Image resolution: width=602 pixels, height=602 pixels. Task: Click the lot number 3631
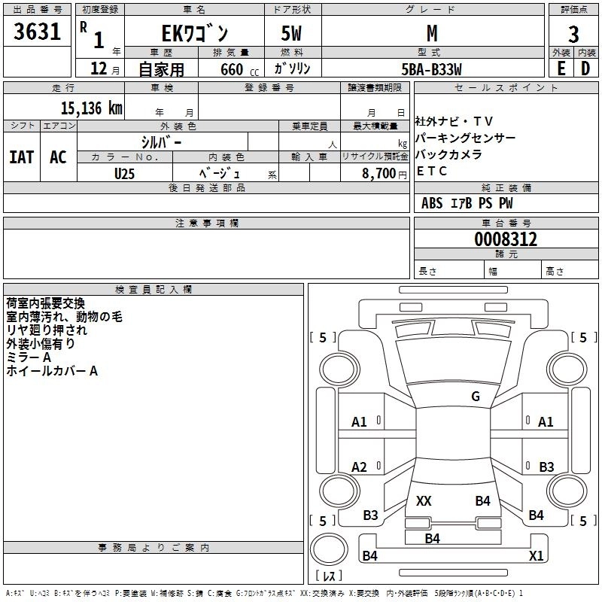pos(38,33)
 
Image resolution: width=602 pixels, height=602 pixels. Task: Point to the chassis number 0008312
pos(506,240)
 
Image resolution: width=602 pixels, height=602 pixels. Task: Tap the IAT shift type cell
pos(22,157)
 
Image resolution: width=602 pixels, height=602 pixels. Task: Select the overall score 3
pos(573,34)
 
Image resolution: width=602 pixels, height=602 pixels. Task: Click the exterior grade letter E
pos(561,68)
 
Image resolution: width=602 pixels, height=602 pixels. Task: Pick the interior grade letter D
pos(585,68)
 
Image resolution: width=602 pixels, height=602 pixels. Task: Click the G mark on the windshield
pos(476,397)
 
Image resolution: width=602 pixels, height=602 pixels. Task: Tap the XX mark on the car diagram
pos(424,500)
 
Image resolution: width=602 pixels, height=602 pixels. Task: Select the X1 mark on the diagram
pos(537,556)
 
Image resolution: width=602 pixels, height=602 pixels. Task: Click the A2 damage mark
pos(360,467)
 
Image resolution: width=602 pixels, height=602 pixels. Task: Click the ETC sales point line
pos(432,171)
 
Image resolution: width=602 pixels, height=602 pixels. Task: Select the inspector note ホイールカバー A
pos(52,371)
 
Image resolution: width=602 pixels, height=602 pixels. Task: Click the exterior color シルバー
pos(162,141)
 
